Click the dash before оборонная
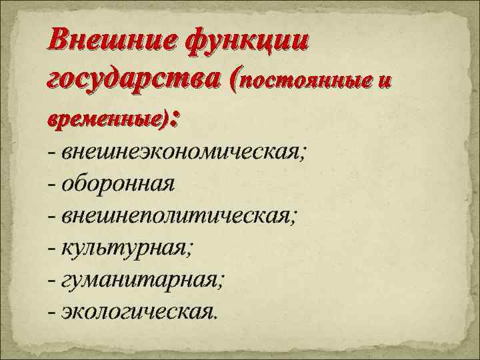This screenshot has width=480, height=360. tap(52, 185)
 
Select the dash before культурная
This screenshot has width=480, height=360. tap(52, 249)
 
